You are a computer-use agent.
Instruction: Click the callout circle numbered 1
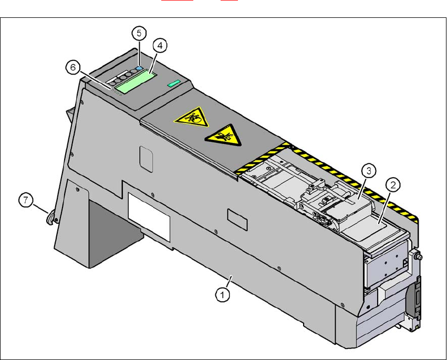(223, 295)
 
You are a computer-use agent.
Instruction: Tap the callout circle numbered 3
(369, 170)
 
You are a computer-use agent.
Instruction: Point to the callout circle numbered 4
(160, 46)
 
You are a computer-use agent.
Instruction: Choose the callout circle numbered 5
(139, 33)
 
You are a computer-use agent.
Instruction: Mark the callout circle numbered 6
(73, 67)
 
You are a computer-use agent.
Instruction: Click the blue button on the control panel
(139, 69)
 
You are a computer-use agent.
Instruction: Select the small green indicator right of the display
(174, 83)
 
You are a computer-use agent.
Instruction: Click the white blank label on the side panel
(149, 216)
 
